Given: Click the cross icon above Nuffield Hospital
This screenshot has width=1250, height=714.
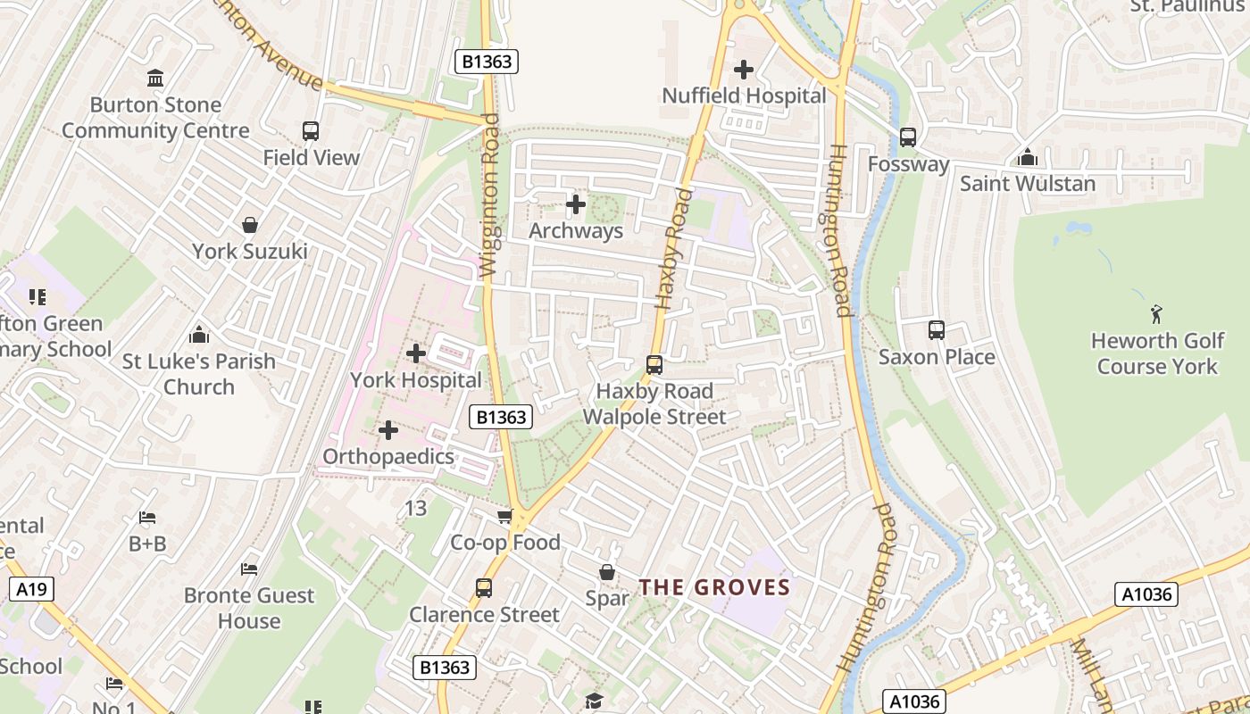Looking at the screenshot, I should pyautogui.click(x=743, y=70).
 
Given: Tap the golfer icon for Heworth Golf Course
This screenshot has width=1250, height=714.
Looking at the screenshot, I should pyautogui.click(x=1156, y=314).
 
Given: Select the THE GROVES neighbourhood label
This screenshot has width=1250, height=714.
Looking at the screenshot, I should pyautogui.click(x=714, y=587).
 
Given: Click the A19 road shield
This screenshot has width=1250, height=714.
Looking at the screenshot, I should pyautogui.click(x=31, y=589).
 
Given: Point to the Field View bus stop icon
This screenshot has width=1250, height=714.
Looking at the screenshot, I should pyautogui.click(x=311, y=131).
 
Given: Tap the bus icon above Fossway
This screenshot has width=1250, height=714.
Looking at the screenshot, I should pyautogui.click(x=908, y=137).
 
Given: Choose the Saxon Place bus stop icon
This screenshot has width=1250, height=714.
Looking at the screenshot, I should pyautogui.click(x=936, y=330).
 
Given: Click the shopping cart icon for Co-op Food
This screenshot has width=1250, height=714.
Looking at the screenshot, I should pyautogui.click(x=504, y=517).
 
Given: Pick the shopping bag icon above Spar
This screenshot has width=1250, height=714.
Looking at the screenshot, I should pyautogui.click(x=607, y=572).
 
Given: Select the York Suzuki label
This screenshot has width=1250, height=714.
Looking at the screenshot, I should pyautogui.click(x=250, y=252).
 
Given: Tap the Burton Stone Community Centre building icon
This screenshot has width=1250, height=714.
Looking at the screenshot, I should pyautogui.click(x=155, y=79).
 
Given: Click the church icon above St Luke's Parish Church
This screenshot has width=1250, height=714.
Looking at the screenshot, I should pyautogui.click(x=199, y=335).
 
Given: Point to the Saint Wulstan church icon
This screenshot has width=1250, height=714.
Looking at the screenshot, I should pyautogui.click(x=1027, y=158).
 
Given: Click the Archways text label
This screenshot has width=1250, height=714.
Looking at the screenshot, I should pyautogui.click(x=576, y=231).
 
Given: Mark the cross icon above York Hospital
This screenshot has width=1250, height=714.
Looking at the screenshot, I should pyautogui.click(x=415, y=353).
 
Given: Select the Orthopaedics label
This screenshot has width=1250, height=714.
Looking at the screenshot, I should pyautogui.click(x=388, y=457).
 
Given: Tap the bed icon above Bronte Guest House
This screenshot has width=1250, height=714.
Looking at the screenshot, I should pyautogui.click(x=249, y=569).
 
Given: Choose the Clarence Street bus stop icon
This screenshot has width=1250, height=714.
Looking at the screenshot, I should pyautogui.click(x=484, y=588).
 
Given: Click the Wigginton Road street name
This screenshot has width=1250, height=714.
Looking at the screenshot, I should pyautogui.click(x=489, y=207).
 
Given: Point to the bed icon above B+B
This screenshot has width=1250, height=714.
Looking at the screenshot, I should pyautogui.click(x=147, y=518).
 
